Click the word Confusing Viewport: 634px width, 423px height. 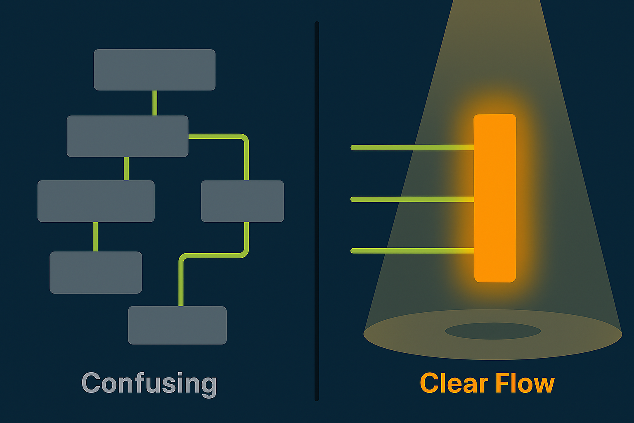pos(149,383)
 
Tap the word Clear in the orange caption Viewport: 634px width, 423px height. pos(454,383)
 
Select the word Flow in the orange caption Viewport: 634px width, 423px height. pos(525,383)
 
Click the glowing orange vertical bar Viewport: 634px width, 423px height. pos(495,198)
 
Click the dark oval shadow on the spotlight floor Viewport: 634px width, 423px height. pos(493,331)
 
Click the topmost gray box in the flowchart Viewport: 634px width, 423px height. pos(154,70)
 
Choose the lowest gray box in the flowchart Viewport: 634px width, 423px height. pos(177,325)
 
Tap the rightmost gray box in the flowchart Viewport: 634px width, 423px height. pos(242,201)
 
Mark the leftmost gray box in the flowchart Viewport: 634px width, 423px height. pos(96,201)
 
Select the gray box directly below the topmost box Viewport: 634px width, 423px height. pos(128,136)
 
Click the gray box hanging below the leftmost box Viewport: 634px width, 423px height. pos(96,272)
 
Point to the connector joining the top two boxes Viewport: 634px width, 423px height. pos(155,103)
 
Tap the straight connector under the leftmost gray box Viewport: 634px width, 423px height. pos(95,237)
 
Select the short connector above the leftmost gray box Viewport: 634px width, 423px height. pos(126,169)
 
